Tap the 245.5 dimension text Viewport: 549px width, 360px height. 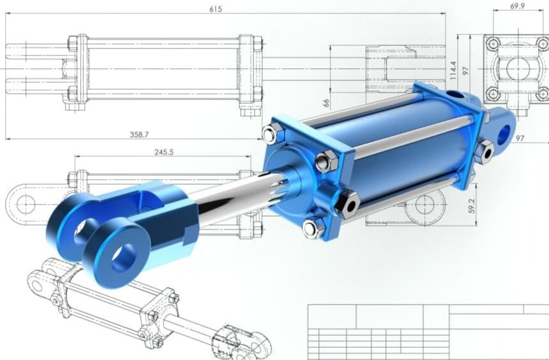(164, 152)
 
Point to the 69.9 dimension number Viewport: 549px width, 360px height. (517, 6)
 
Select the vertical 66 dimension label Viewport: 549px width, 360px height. (326, 103)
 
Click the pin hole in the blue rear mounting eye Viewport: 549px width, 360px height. (504, 134)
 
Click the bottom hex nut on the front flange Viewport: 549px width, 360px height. (313, 228)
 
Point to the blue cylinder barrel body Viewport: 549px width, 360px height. (408, 153)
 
